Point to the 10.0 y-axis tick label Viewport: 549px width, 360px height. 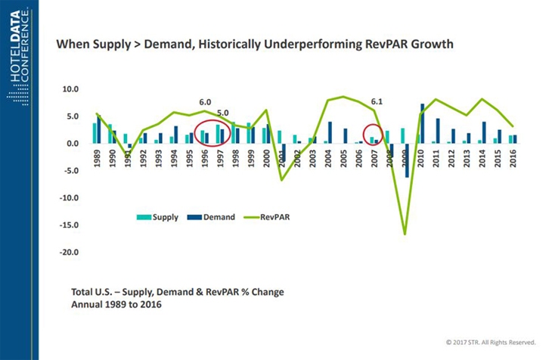[70, 89]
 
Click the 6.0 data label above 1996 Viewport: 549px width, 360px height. [205, 101]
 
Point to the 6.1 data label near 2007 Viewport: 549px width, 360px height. [377, 101]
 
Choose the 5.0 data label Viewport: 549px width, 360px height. [223, 113]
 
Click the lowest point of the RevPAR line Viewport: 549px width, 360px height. [405, 234]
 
